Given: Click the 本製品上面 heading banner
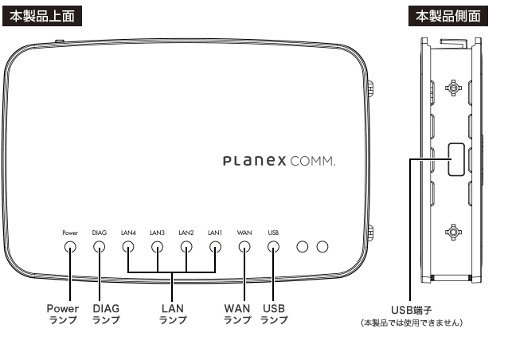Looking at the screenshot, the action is [42, 16].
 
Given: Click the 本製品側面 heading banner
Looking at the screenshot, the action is [448, 16].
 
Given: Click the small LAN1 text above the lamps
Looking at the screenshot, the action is [215, 233].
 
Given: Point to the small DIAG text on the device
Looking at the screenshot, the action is [100, 233].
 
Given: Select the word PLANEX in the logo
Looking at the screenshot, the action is [255, 161].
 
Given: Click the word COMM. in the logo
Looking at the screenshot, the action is [312, 161].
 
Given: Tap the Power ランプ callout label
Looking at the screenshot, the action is [63, 314].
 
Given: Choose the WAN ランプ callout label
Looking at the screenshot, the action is [237, 314].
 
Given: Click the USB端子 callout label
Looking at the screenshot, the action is [411, 310].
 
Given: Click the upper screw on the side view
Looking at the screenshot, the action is [453, 88].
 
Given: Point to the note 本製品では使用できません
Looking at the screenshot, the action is [412, 323].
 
